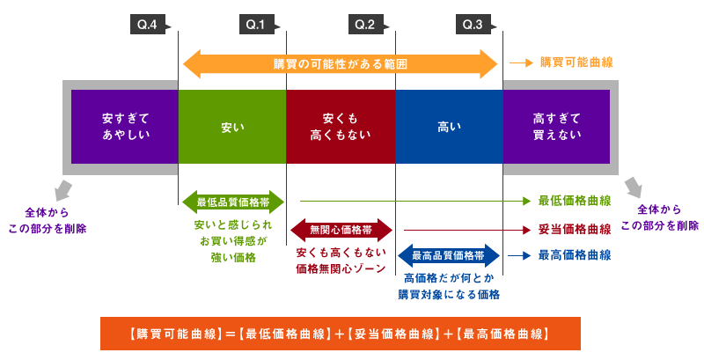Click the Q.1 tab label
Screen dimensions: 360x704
pyautogui.click(x=255, y=25)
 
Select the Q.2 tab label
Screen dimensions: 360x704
pyautogui.click(x=364, y=25)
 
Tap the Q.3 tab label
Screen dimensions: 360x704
pyautogui.click(x=473, y=25)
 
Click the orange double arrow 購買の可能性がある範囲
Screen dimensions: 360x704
pyautogui.click(x=340, y=63)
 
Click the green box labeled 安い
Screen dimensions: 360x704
pyautogui.click(x=232, y=126)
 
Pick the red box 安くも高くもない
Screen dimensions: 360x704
pyautogui.click(x=341, y=126)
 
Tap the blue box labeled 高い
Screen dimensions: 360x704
pyautogui.click(x=448, y=126)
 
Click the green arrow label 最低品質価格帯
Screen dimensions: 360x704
pyautogui.click(x=232, y=202)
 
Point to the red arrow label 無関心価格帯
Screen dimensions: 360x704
pyautogui.click(x=341, y=230)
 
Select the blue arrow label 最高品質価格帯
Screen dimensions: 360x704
pyautogui.click(x=448, y=255)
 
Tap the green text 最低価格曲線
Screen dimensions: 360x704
pyautogui.click(x=575, y=201)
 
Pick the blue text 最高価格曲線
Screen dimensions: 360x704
pyautogui.click(x=575, y=255)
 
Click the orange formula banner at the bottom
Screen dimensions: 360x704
pyautogui.click(x=340, y=334)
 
